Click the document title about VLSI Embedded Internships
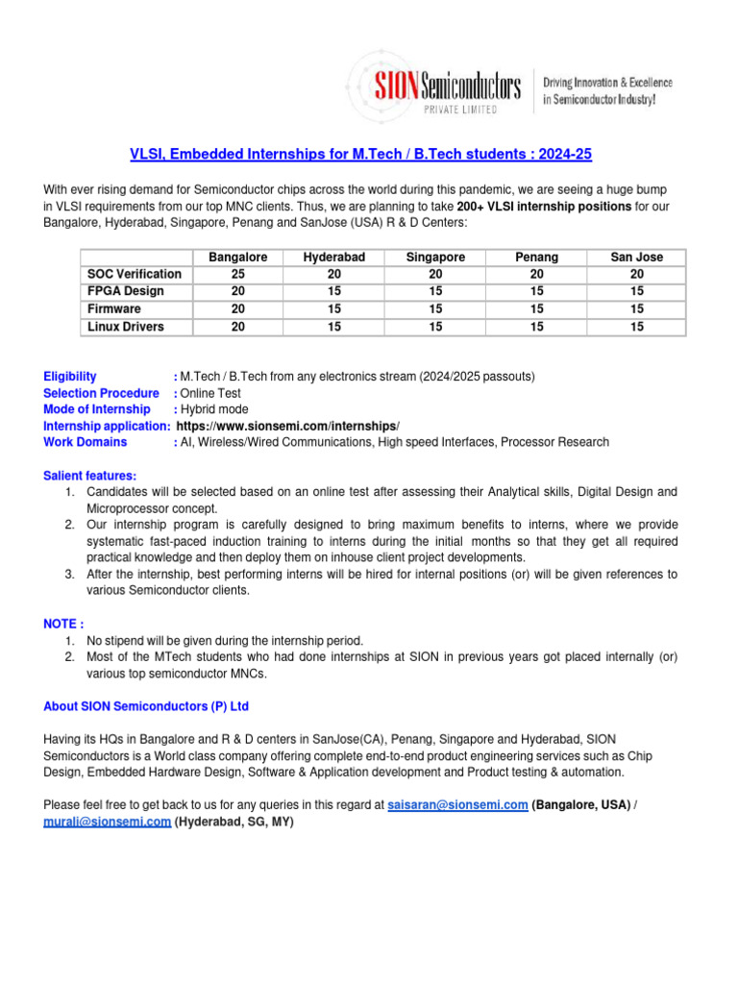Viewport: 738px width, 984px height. [x=368, y=155]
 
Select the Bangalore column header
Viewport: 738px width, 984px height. [x=237, y=258]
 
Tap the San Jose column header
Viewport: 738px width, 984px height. [x=636, y=258]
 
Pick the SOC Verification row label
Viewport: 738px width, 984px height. [x=134, y=275]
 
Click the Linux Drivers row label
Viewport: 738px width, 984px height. [x=125, y=327]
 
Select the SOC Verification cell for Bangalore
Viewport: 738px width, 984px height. [x=237, y=275]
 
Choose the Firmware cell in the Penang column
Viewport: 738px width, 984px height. [x=536, y=309]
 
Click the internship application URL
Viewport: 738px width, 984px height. [x=288, y=426]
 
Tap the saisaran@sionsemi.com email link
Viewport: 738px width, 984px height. [x=457, y=804]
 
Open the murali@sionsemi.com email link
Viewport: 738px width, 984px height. [x=108, y=822]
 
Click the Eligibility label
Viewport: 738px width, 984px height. [x=70, y=376]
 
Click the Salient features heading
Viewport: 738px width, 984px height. [x=90, y=476]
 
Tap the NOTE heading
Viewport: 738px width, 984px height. [x=63, y=624]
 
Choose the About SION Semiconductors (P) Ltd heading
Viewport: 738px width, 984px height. [x=146, y=706]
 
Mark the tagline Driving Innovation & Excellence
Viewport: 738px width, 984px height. [x=608, y=83]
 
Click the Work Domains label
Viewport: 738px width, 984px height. [x=86, y=442]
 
